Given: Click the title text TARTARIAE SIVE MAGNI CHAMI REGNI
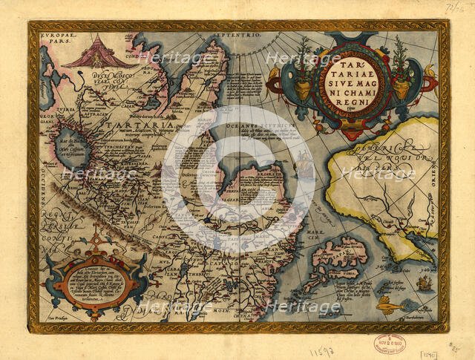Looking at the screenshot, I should (348, 73).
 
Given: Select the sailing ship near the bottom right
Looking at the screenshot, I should (424, 283).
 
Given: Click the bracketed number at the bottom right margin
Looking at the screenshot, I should (430, 346).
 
